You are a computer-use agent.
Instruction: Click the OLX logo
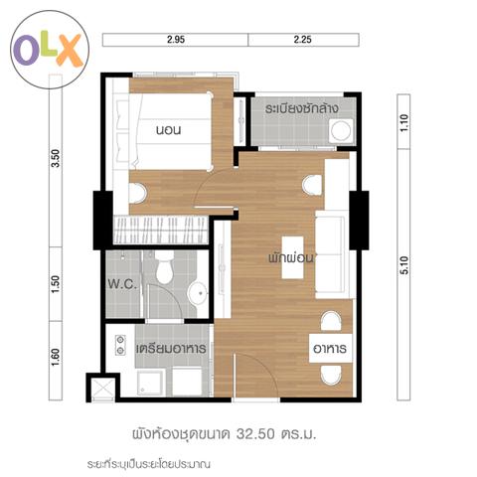click(x=50, y=50)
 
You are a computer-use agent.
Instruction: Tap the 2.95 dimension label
click(x=176, y=40)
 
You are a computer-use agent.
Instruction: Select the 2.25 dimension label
click(x=302, y=40)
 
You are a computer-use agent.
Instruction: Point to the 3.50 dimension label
click(x=56, y=158)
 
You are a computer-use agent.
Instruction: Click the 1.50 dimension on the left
click(x=56, y=284)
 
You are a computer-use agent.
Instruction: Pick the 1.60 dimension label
click(x=56, y=357)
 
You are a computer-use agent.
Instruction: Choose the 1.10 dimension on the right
click(x=403, y=123)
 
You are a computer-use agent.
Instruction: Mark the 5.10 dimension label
click(x=403, y=265)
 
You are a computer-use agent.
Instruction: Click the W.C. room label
click(x=122, y=284)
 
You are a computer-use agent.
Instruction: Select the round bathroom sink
click(x=198, y=293)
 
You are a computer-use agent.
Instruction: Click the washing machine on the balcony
click(x=341, y=131)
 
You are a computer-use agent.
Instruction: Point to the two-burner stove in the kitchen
click(x=120, y=345)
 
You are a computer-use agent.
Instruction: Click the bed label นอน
click(x=169, y=129)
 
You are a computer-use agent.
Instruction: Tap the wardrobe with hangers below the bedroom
click(x=161, y=231)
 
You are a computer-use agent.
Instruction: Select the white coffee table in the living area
click(x=293, y=257)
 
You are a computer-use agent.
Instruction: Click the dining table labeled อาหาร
click(x=330, y=348)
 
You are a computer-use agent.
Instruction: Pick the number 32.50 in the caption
click(x=255, y=433)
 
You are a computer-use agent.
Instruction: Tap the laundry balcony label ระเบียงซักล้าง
click(x=301, y=108)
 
